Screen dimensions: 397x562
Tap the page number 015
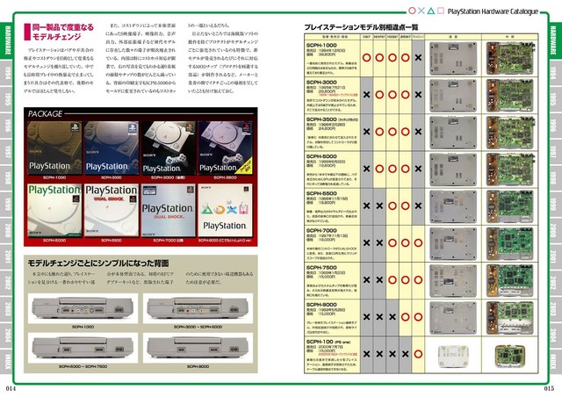(x=549, y=388)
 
